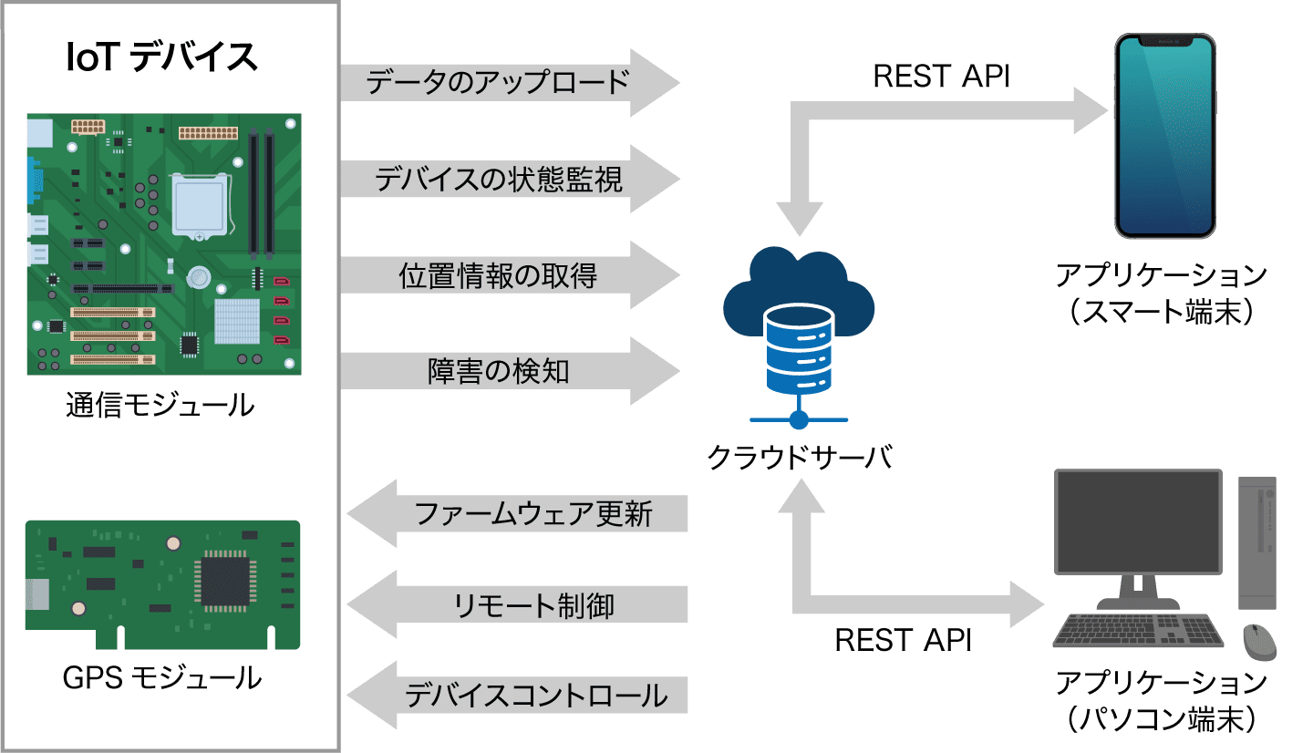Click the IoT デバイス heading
(162, 57)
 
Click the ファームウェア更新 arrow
(520, 513)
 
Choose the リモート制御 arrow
(520, 605)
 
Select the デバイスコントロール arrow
(520, 696)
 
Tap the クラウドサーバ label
(799, 457)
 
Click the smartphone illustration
(1164, 137)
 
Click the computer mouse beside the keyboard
(1260, 640)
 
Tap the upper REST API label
(941, 77)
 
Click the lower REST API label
(903, 640)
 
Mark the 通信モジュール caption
(160, 404)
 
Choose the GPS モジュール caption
(162, 678)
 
